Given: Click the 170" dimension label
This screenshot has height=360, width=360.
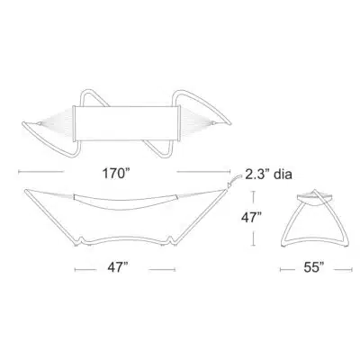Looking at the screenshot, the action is pyautogui.click(x=116, y=173).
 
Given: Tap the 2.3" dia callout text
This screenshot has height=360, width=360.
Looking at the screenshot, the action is pyautogui.click(x=268, y=174).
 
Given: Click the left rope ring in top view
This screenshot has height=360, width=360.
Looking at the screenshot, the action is pyautogui.click(x=39, y=123).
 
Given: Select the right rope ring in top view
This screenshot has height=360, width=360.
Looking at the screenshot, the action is pyautogui.click(x=212, y=122).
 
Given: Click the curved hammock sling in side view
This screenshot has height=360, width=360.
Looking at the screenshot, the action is pyautogui.click(x=125, y=203).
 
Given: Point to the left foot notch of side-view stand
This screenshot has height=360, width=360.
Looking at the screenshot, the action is pyautogui.click(x=80, y=239).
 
